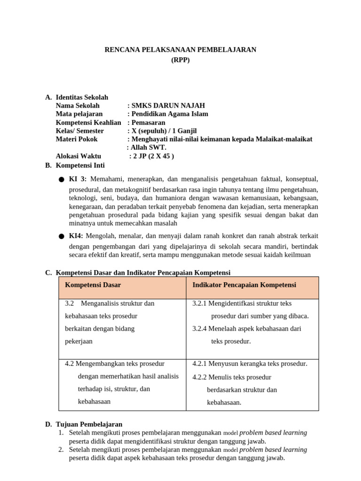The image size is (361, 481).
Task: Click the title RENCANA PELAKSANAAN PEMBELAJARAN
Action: [x=180, y=50]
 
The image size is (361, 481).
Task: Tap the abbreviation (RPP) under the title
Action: [x=180, y=60]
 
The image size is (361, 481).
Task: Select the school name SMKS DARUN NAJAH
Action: [x=168, y=106]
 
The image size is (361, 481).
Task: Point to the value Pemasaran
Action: [x=148, y=123]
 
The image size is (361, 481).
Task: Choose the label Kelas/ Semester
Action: [x=79, y=131]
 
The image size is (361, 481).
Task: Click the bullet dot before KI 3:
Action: [x=62, y=180]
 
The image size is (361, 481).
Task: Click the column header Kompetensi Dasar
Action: [x=93, y=285]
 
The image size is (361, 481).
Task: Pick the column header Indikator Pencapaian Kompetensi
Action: [x=244, y=285]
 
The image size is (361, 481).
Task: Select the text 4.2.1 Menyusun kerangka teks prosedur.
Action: [x=250, y=364]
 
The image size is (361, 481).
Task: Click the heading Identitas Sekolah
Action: [x=82, y=97]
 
